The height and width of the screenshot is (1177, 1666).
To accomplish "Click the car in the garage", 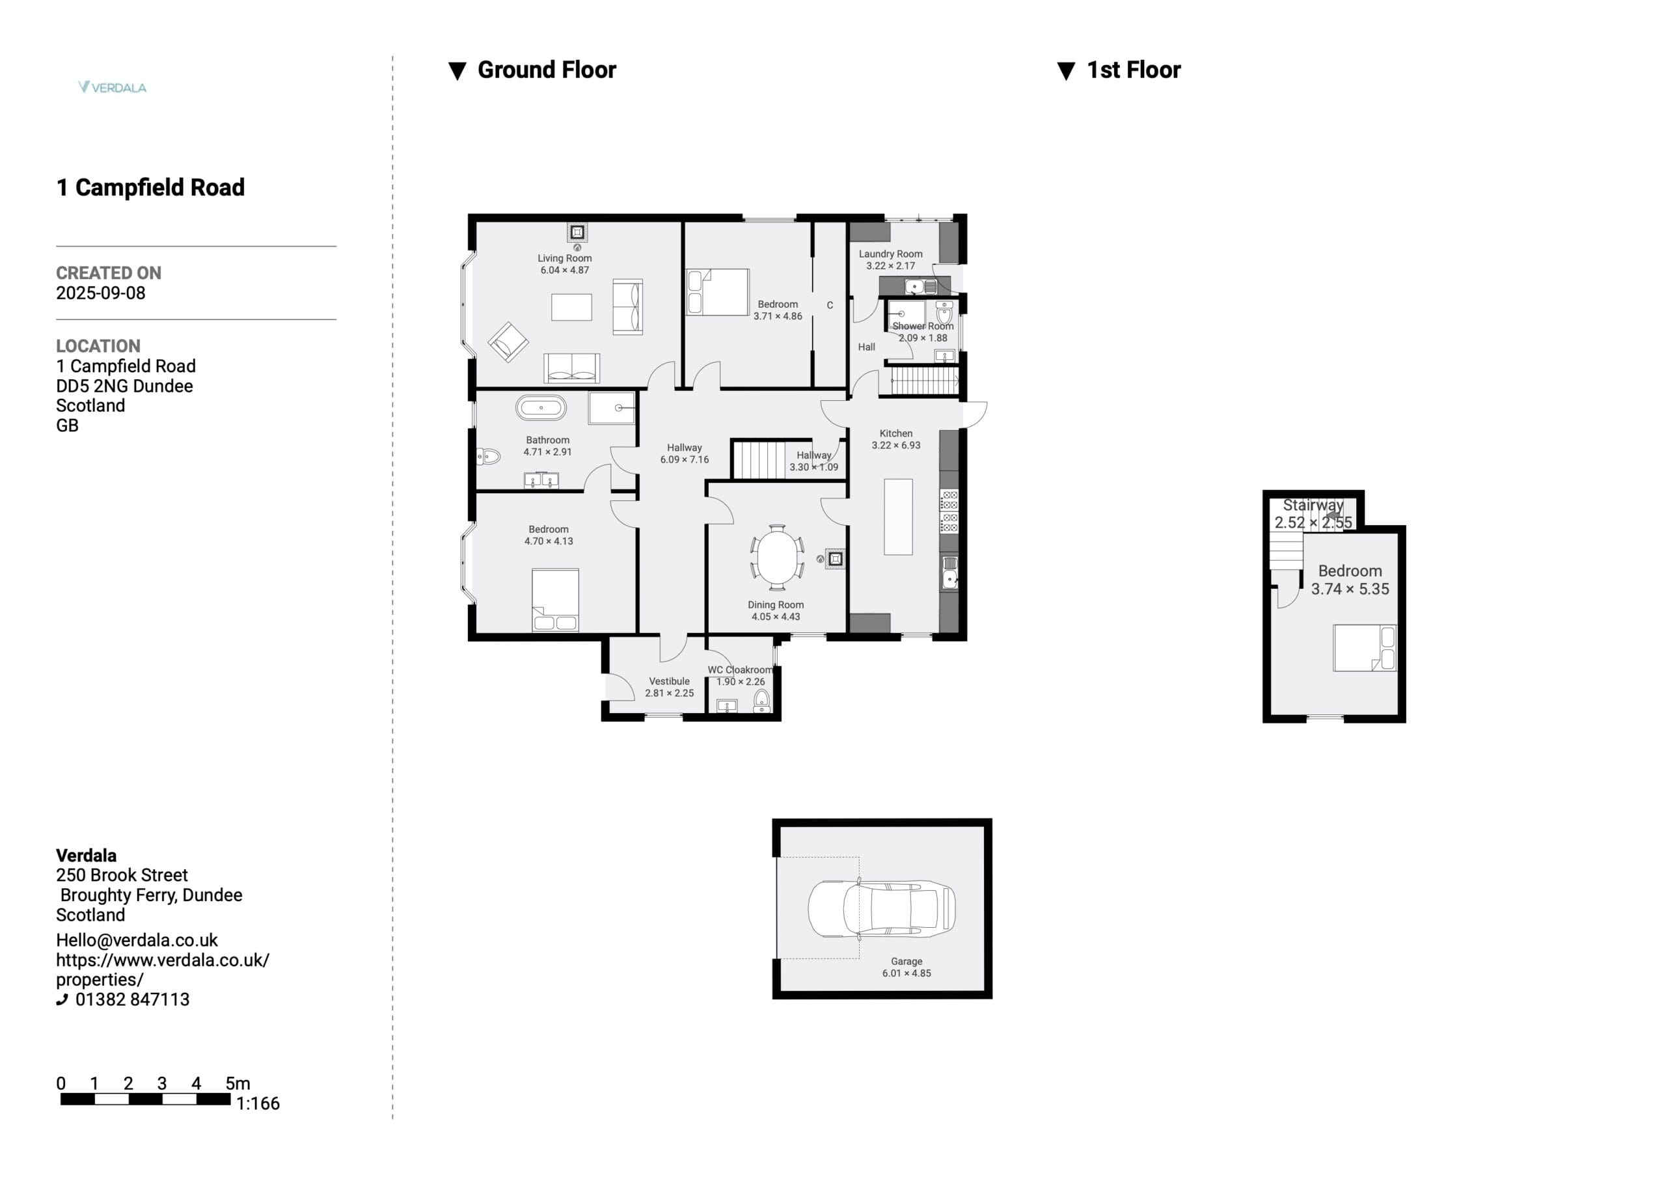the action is (882, 908).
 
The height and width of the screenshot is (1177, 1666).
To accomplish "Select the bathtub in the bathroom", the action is (541, 408).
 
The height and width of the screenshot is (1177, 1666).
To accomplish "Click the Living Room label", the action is (564, 258).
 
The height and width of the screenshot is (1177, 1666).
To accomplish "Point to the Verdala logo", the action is (113, 87).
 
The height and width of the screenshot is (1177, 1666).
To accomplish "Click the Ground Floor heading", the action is (547, 70).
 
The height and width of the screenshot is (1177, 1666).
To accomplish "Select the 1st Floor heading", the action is (1134, 70).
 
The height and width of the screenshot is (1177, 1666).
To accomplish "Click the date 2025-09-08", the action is (101, 293).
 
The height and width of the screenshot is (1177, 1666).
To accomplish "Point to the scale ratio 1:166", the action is (258, 1103).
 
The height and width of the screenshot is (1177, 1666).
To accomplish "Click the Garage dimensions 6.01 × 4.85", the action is (907, 973).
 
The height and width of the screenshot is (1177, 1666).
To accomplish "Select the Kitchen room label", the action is (896, 433).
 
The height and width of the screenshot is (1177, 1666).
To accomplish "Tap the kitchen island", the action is (898, 517).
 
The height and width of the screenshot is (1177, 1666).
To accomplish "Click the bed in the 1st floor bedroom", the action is (1365, 648).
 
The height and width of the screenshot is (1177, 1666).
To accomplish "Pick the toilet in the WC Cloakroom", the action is (761, 701).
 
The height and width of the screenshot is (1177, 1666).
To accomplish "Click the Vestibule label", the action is (669, 681).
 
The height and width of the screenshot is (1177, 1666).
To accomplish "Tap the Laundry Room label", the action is (890, 254).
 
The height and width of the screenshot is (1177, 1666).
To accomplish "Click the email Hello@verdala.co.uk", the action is (137, 940).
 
